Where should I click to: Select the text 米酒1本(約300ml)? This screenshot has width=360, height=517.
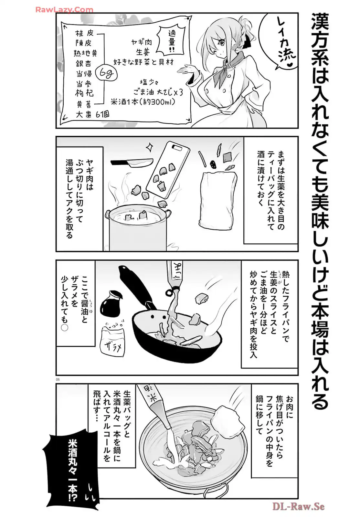click(143, 102)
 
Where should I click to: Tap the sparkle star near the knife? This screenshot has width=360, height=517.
click(150, 147)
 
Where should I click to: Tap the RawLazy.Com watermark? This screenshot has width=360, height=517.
click(64, 9)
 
